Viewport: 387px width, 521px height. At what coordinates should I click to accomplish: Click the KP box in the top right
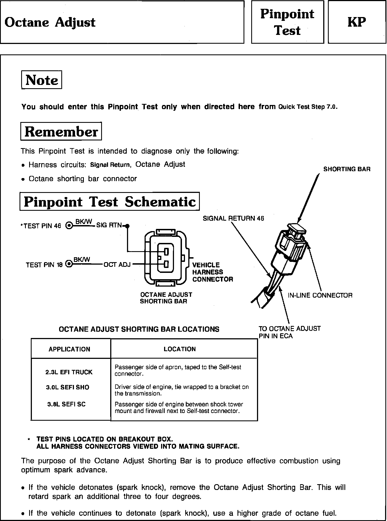pyautogui.click(x=357, y=22)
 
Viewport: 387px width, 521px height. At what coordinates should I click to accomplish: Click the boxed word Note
pyautogui.click(x=42, y=80)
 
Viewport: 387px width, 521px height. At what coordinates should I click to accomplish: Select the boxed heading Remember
pyautogui.click(x=61, y=131)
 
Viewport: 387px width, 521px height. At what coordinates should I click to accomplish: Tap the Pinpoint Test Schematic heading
pyautogui.click(x=110, y=201)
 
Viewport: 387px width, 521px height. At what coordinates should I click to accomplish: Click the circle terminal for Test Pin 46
pyautogui.click(x=69, y=226)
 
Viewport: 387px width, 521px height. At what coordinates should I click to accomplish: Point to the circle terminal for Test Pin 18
pyautogui.click(x=69, y=265)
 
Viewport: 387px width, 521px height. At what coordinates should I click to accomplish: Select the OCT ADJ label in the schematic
pyautogui.click(x=117, y=265)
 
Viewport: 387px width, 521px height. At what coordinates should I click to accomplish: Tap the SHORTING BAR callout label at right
pyautogui.click(x=347, y=169)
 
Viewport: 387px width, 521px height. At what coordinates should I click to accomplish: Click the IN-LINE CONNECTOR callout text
pyautogui.click(x=320, y=295)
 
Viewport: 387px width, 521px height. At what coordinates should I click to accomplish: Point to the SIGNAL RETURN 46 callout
pyautogui.click(x=233, y=218)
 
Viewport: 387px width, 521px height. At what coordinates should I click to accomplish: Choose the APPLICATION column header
pyautogui.click(x=69, y=349)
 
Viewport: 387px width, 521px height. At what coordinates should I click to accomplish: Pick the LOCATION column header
pyautogui.click(x=180, y=349)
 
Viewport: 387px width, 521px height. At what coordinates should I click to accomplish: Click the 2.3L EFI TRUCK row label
pyautogui.click(x=69, y=372)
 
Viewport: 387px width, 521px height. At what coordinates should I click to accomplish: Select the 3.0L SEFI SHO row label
pyautogui.click(x=67, y=387)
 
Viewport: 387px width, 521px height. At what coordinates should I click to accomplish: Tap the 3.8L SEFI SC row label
pyautogui.click(x=66, y=404)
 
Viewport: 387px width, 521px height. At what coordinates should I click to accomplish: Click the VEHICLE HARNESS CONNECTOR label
pyautogui.click(x=212, y=272)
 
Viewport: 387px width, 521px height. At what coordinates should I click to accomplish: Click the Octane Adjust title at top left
pyautogui.click(x=50, y=22)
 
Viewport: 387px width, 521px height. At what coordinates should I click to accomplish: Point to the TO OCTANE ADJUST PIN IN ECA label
pyautogui.click(x=289, y=332)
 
